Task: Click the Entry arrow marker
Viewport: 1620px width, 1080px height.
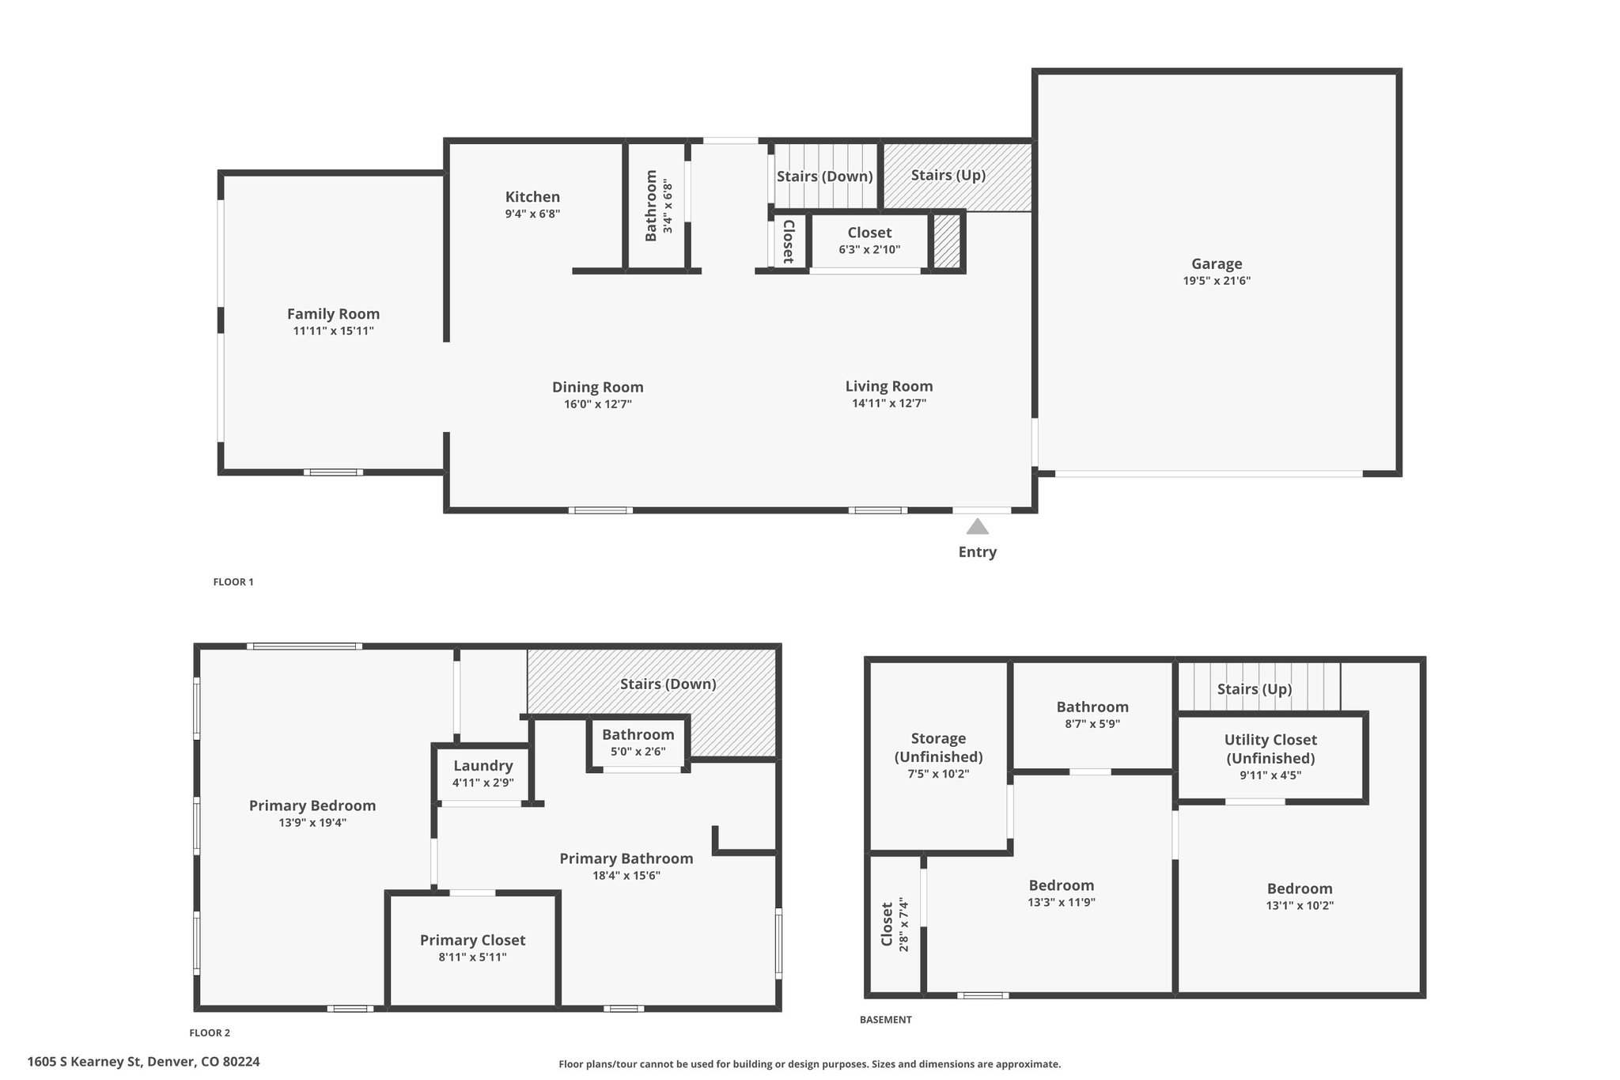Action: [978, 526]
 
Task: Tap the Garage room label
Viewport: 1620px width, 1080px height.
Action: [1217, 264]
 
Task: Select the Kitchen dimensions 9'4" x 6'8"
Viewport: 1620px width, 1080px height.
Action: [532, 214]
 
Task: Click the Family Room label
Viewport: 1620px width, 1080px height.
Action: [333, 314]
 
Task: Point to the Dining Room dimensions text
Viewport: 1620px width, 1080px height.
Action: [598, 404]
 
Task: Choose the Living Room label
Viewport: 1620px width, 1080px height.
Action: [889, 386]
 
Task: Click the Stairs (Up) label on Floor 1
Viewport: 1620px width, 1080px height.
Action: [948, 175]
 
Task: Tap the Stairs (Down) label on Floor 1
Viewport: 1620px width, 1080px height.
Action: [824, 176]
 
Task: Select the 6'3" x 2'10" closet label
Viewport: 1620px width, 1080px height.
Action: [869, 241]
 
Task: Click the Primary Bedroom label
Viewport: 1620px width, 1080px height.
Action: [312, 806]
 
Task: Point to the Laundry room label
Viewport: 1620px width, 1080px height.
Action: [483, 766]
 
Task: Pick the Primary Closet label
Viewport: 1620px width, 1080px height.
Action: [472, 940]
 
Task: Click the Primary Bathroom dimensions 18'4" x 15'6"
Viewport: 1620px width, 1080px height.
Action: [626, 876]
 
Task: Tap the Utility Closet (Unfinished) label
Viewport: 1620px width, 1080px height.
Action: [1270, 749]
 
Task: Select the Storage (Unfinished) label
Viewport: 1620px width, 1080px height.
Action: [938, 748]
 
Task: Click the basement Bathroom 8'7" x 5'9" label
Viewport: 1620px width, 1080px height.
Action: [1092, 714]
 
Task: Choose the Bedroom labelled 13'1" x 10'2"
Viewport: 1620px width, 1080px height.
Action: [1300, 896]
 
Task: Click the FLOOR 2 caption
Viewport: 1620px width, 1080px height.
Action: [210, 1033]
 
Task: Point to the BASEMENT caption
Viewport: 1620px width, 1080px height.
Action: [885, 1020]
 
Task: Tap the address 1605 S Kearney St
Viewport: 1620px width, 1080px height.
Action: [77, 1062]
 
